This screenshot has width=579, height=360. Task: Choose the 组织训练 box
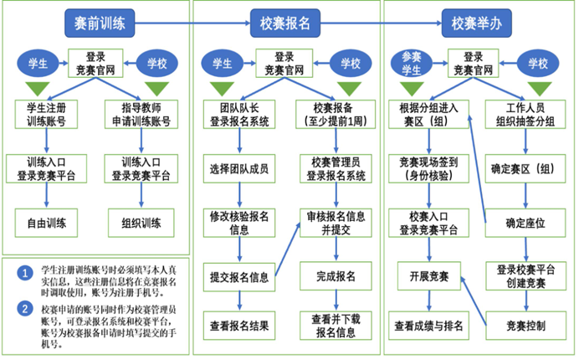click(140, 224)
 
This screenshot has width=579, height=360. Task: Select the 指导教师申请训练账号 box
click(140, 115)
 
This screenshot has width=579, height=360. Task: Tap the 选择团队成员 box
click(242, 169)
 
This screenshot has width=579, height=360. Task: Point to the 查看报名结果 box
click(242, 324)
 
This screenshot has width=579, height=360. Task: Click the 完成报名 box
click(336, 275)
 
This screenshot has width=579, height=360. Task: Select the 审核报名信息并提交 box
click(336, 222)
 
